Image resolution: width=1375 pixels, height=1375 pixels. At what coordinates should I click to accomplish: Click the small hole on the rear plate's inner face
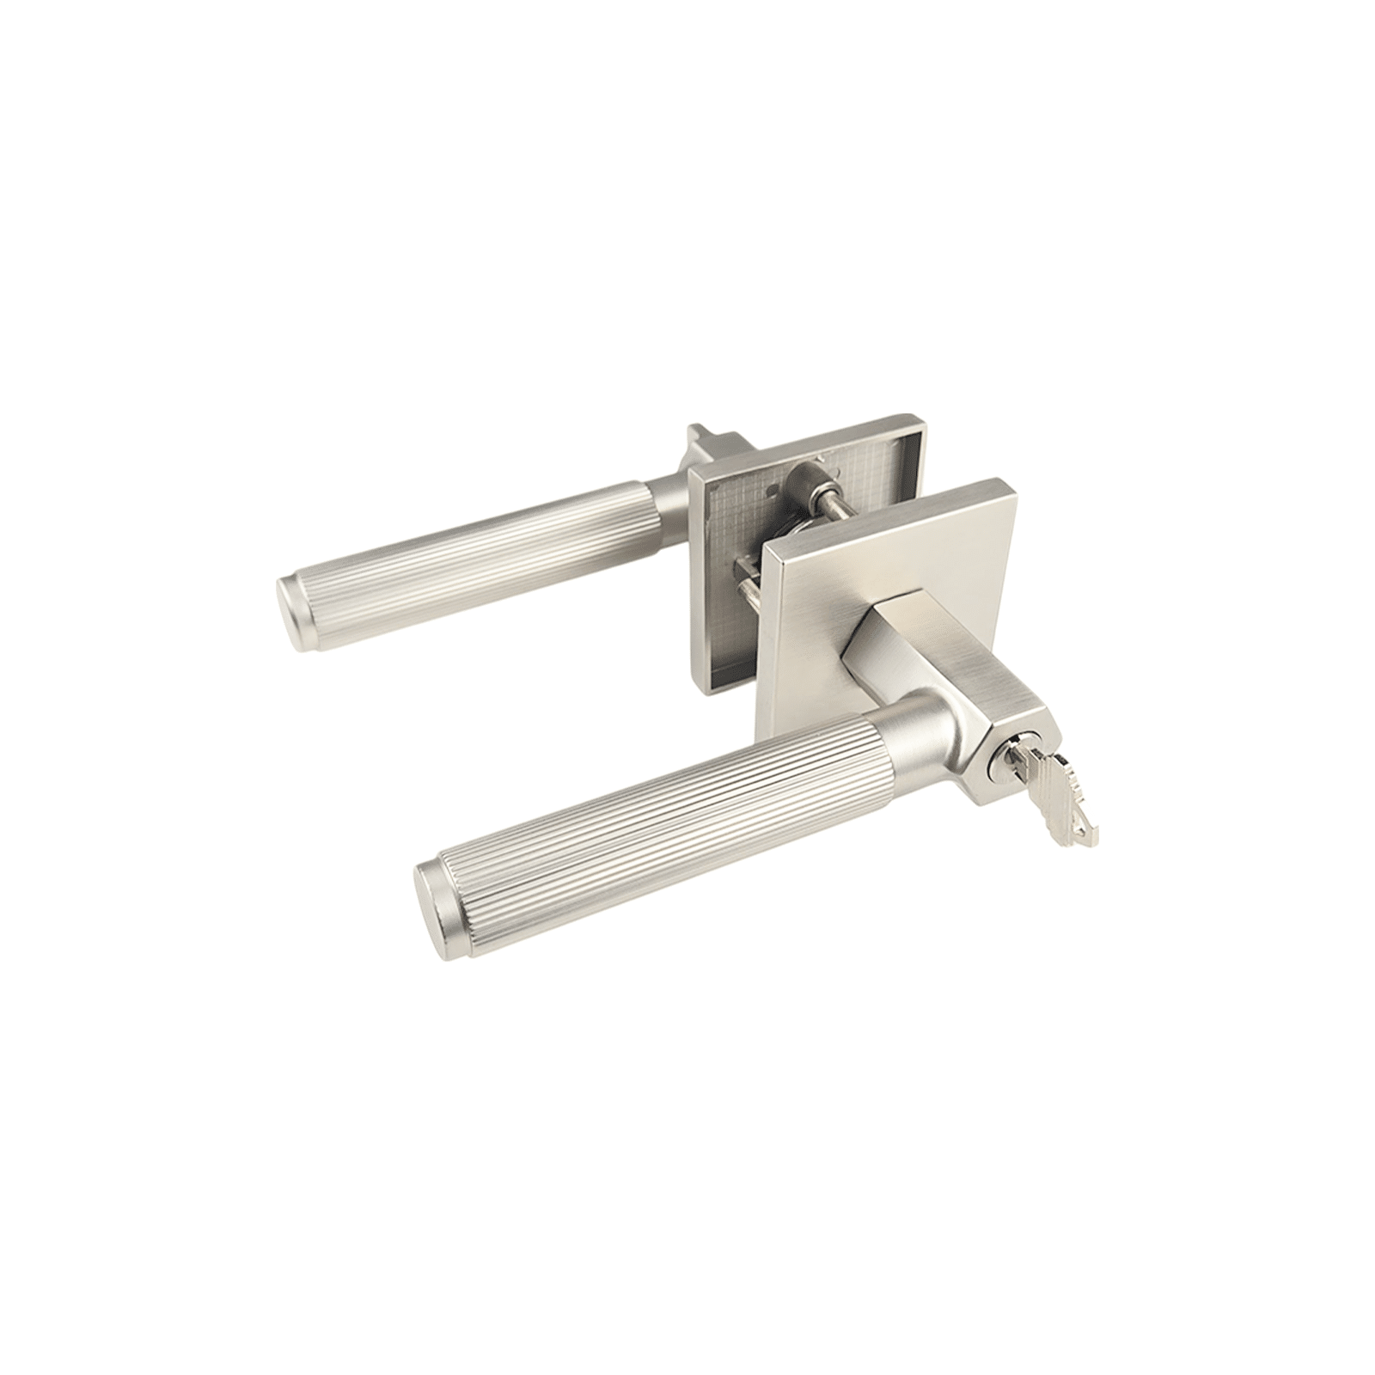778,492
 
